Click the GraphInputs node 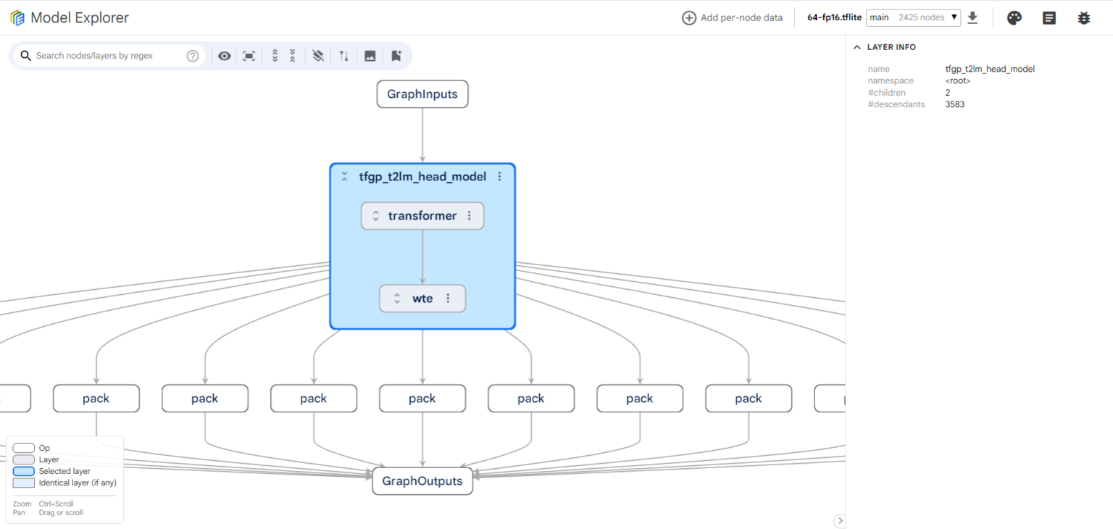click(422, 94)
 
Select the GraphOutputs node click(422, 481)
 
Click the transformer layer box click(422, 215)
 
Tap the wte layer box click(422, 298)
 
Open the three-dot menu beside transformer click(469, 215)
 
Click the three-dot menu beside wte click(449, 298)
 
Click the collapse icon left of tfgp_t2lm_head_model click(344, 176)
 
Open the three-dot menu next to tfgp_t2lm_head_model click(499, 176)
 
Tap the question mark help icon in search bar click(193, 56)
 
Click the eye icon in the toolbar click(224, 56)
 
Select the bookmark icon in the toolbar click(396, 56)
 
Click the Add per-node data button click(732, 18)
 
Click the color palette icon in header click(1014, 18)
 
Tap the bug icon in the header click(1084, 18)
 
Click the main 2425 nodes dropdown click(913, 18)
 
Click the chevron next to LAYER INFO click(857, 47)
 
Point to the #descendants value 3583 click(954, 104)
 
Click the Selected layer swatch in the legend click(23, 471)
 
